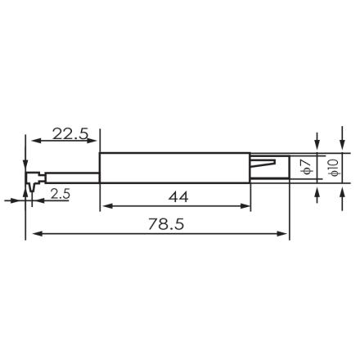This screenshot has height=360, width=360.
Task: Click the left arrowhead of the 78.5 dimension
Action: [x=32, y=235]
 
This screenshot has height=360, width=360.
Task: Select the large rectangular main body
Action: [x=172, y=168]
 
